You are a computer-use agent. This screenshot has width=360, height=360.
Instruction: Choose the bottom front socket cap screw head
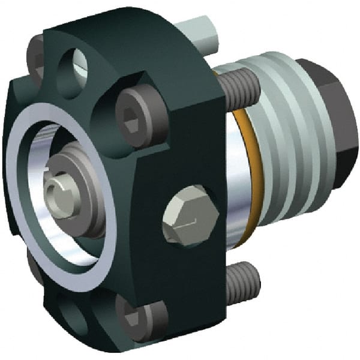(140, 314)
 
